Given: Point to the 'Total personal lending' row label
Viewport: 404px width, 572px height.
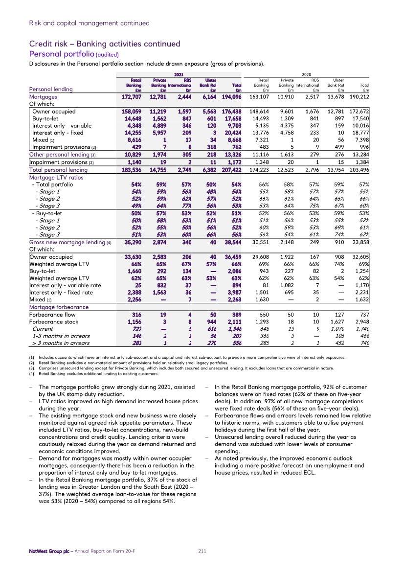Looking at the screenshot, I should pyautogui.click(x=58, y=170).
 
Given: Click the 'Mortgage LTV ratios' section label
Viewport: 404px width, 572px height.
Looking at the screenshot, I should pyautogui.click(x=56, y=177).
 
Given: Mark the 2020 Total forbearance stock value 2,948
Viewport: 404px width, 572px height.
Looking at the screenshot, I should pyautogui.click(x=360, y=322).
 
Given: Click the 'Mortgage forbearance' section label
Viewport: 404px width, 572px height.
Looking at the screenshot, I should pyautogui.click(x=59, y=307).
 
